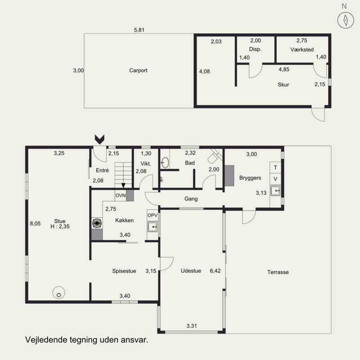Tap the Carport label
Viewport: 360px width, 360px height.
tap(138, 71)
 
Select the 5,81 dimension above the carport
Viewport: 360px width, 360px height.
tap(139, 30)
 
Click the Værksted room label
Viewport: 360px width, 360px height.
tap(302, 49)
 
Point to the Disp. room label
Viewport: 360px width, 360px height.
tap(255, 49)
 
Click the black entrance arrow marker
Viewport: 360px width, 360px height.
tap(99, 139)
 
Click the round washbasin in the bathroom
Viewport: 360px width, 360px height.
tap(165, 162)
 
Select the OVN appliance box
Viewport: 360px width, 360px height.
tap(121, 195)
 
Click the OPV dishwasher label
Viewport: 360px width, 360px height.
tap(153, 216)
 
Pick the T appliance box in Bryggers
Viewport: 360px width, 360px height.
tap(275, 167)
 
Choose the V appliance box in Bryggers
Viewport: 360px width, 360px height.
tap(275, 179)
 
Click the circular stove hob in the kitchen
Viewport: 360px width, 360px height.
tap(97, 223)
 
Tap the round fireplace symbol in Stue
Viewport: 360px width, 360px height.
tap(59, 292)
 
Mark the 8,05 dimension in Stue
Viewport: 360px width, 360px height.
tap(36, 223)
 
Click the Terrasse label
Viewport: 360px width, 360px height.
tap(278, 272)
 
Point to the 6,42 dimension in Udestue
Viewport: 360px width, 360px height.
tap(215, 271)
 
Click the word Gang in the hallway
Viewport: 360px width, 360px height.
tap(191, 199)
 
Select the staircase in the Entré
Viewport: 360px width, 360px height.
tap(123, 175)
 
